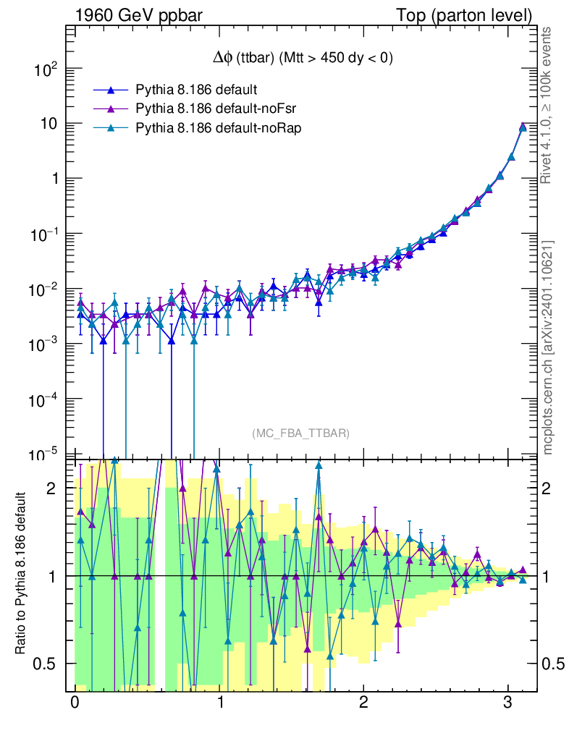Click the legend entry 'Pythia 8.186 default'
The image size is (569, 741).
pos(197,90)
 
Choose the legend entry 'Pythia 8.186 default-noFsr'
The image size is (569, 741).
pos(217,109)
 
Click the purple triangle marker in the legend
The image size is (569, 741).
pos(111,109)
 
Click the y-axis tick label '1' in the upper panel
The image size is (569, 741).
pos(53,179)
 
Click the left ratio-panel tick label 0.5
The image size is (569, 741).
pos(46,664)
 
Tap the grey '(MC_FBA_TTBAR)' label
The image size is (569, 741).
pos(300,433)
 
